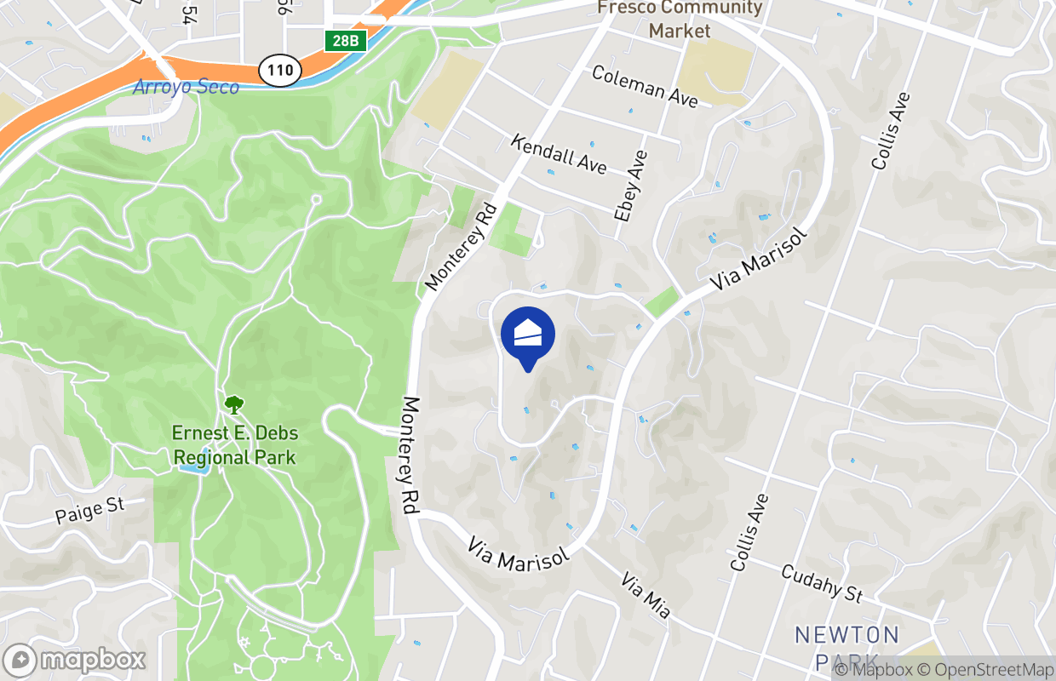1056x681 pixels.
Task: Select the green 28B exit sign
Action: (346, 40)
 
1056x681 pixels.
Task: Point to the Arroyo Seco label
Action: (187, 87)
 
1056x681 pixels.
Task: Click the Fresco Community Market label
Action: (680, 20)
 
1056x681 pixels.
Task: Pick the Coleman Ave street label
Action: (645, 87)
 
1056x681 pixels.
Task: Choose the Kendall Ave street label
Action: (559, 153)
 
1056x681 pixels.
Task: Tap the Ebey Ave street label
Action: (631, 186)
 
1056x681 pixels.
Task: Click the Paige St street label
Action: (89, 510)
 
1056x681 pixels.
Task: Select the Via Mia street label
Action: (646, 596)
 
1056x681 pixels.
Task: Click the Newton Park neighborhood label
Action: (847, 647)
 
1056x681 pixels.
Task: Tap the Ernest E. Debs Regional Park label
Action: (235, 445)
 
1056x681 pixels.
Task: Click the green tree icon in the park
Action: (232, 404)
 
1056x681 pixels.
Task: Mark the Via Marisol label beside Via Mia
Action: (519, 552)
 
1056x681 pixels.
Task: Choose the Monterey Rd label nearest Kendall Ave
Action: (461, 246)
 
